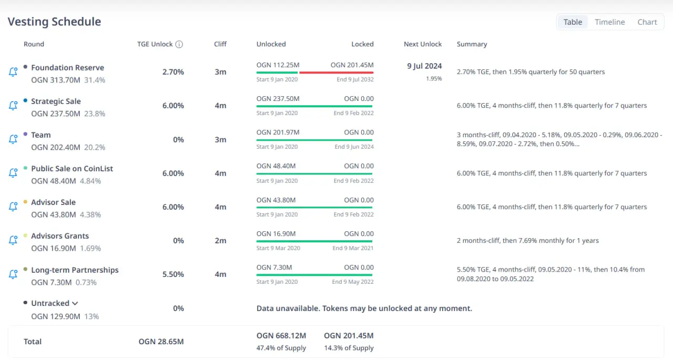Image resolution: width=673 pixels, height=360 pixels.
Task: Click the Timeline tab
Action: coord(610,22)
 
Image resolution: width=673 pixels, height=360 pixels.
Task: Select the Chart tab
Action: coord(647,22)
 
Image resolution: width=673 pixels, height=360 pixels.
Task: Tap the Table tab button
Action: coord(573,22)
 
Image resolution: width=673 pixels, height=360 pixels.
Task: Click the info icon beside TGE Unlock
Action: coord(179,44)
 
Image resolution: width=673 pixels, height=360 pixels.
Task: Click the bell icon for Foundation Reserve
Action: coord(13,72)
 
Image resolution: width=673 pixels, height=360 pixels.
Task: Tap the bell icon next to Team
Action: coord(13,139)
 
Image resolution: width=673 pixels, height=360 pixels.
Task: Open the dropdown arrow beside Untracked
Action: coord(75,303)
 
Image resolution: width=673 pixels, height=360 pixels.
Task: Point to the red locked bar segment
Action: coord(336,73)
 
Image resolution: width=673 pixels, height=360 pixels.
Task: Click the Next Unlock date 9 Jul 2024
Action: coord(424,66)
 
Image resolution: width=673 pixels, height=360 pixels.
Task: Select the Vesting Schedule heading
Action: coord(54,22)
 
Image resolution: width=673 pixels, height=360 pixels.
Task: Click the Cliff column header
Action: coord(220,44)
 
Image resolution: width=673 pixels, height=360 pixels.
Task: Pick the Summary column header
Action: coord(472,44)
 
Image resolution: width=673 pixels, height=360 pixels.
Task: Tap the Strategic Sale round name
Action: coord(56,101)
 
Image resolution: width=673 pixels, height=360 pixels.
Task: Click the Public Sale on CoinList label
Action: coord(72,169)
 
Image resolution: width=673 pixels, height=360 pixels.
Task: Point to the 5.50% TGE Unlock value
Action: coord(173,274)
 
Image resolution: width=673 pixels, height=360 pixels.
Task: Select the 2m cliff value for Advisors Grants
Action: coord(220,241)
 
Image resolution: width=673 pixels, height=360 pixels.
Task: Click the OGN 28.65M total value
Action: coord(161,342)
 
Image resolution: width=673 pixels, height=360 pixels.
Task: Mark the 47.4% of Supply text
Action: coord(281,348)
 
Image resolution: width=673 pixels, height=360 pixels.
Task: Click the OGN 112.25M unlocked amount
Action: coord(278,65)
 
